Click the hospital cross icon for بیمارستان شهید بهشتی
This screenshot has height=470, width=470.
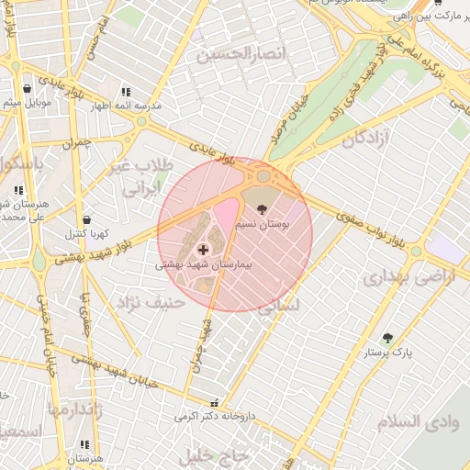pyautogui.click(x=202, y=249)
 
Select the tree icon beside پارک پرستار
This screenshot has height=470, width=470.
pyautogui.click(x=387, y=338)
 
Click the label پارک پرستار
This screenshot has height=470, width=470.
pyautogui.click(x=389, y=352)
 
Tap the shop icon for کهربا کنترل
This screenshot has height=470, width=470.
pyautogui.click(x=86, y=220)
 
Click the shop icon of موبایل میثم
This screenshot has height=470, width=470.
pyautogui.click(x=28, y=89)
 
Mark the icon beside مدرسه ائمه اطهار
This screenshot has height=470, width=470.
pyautogui.click(x=126, y=92)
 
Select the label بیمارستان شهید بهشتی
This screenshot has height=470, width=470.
pyautogui.click(x=204, y=263)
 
